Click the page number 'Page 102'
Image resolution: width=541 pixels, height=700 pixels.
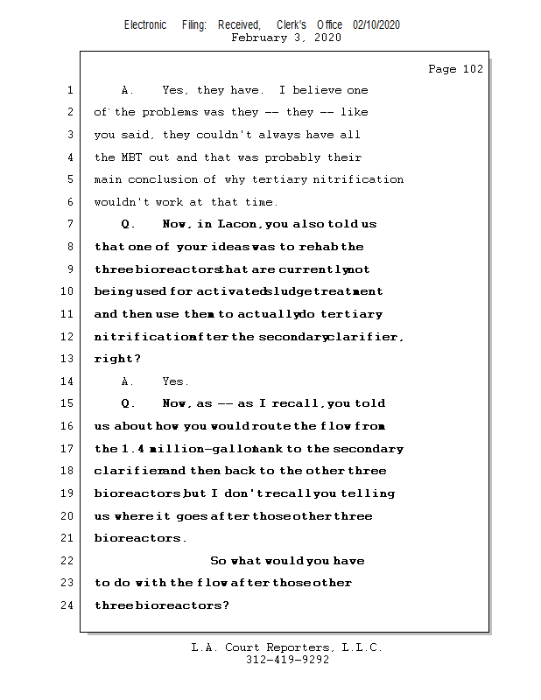coord(455,69)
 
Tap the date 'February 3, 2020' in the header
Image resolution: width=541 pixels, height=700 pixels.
coord(286,38)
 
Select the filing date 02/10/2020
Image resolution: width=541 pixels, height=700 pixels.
coord(376,24)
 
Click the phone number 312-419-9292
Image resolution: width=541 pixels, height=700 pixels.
coord(287,660)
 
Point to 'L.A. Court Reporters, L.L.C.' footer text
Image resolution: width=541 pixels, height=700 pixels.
coord(286,647)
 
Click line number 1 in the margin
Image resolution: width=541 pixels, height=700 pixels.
coord(68,90)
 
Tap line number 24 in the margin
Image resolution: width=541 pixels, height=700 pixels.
coord(66,605)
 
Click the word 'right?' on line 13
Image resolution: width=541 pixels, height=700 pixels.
coord(117,359)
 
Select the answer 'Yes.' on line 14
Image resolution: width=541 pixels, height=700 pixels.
coord(175,381)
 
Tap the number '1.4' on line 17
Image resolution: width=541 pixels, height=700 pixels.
coord(130,449)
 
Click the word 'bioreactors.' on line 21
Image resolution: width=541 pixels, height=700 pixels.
coord(140,538)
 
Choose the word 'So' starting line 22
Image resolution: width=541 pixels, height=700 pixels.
coord(218,561)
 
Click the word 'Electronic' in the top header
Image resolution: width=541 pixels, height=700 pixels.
coord(145,24)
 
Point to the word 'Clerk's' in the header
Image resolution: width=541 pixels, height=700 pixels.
coord(291,24)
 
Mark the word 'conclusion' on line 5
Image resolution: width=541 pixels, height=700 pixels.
coord(172,179)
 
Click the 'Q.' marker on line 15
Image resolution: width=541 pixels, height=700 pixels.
coord(129,403)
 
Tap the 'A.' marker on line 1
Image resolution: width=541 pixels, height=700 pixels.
coord(127,90)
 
